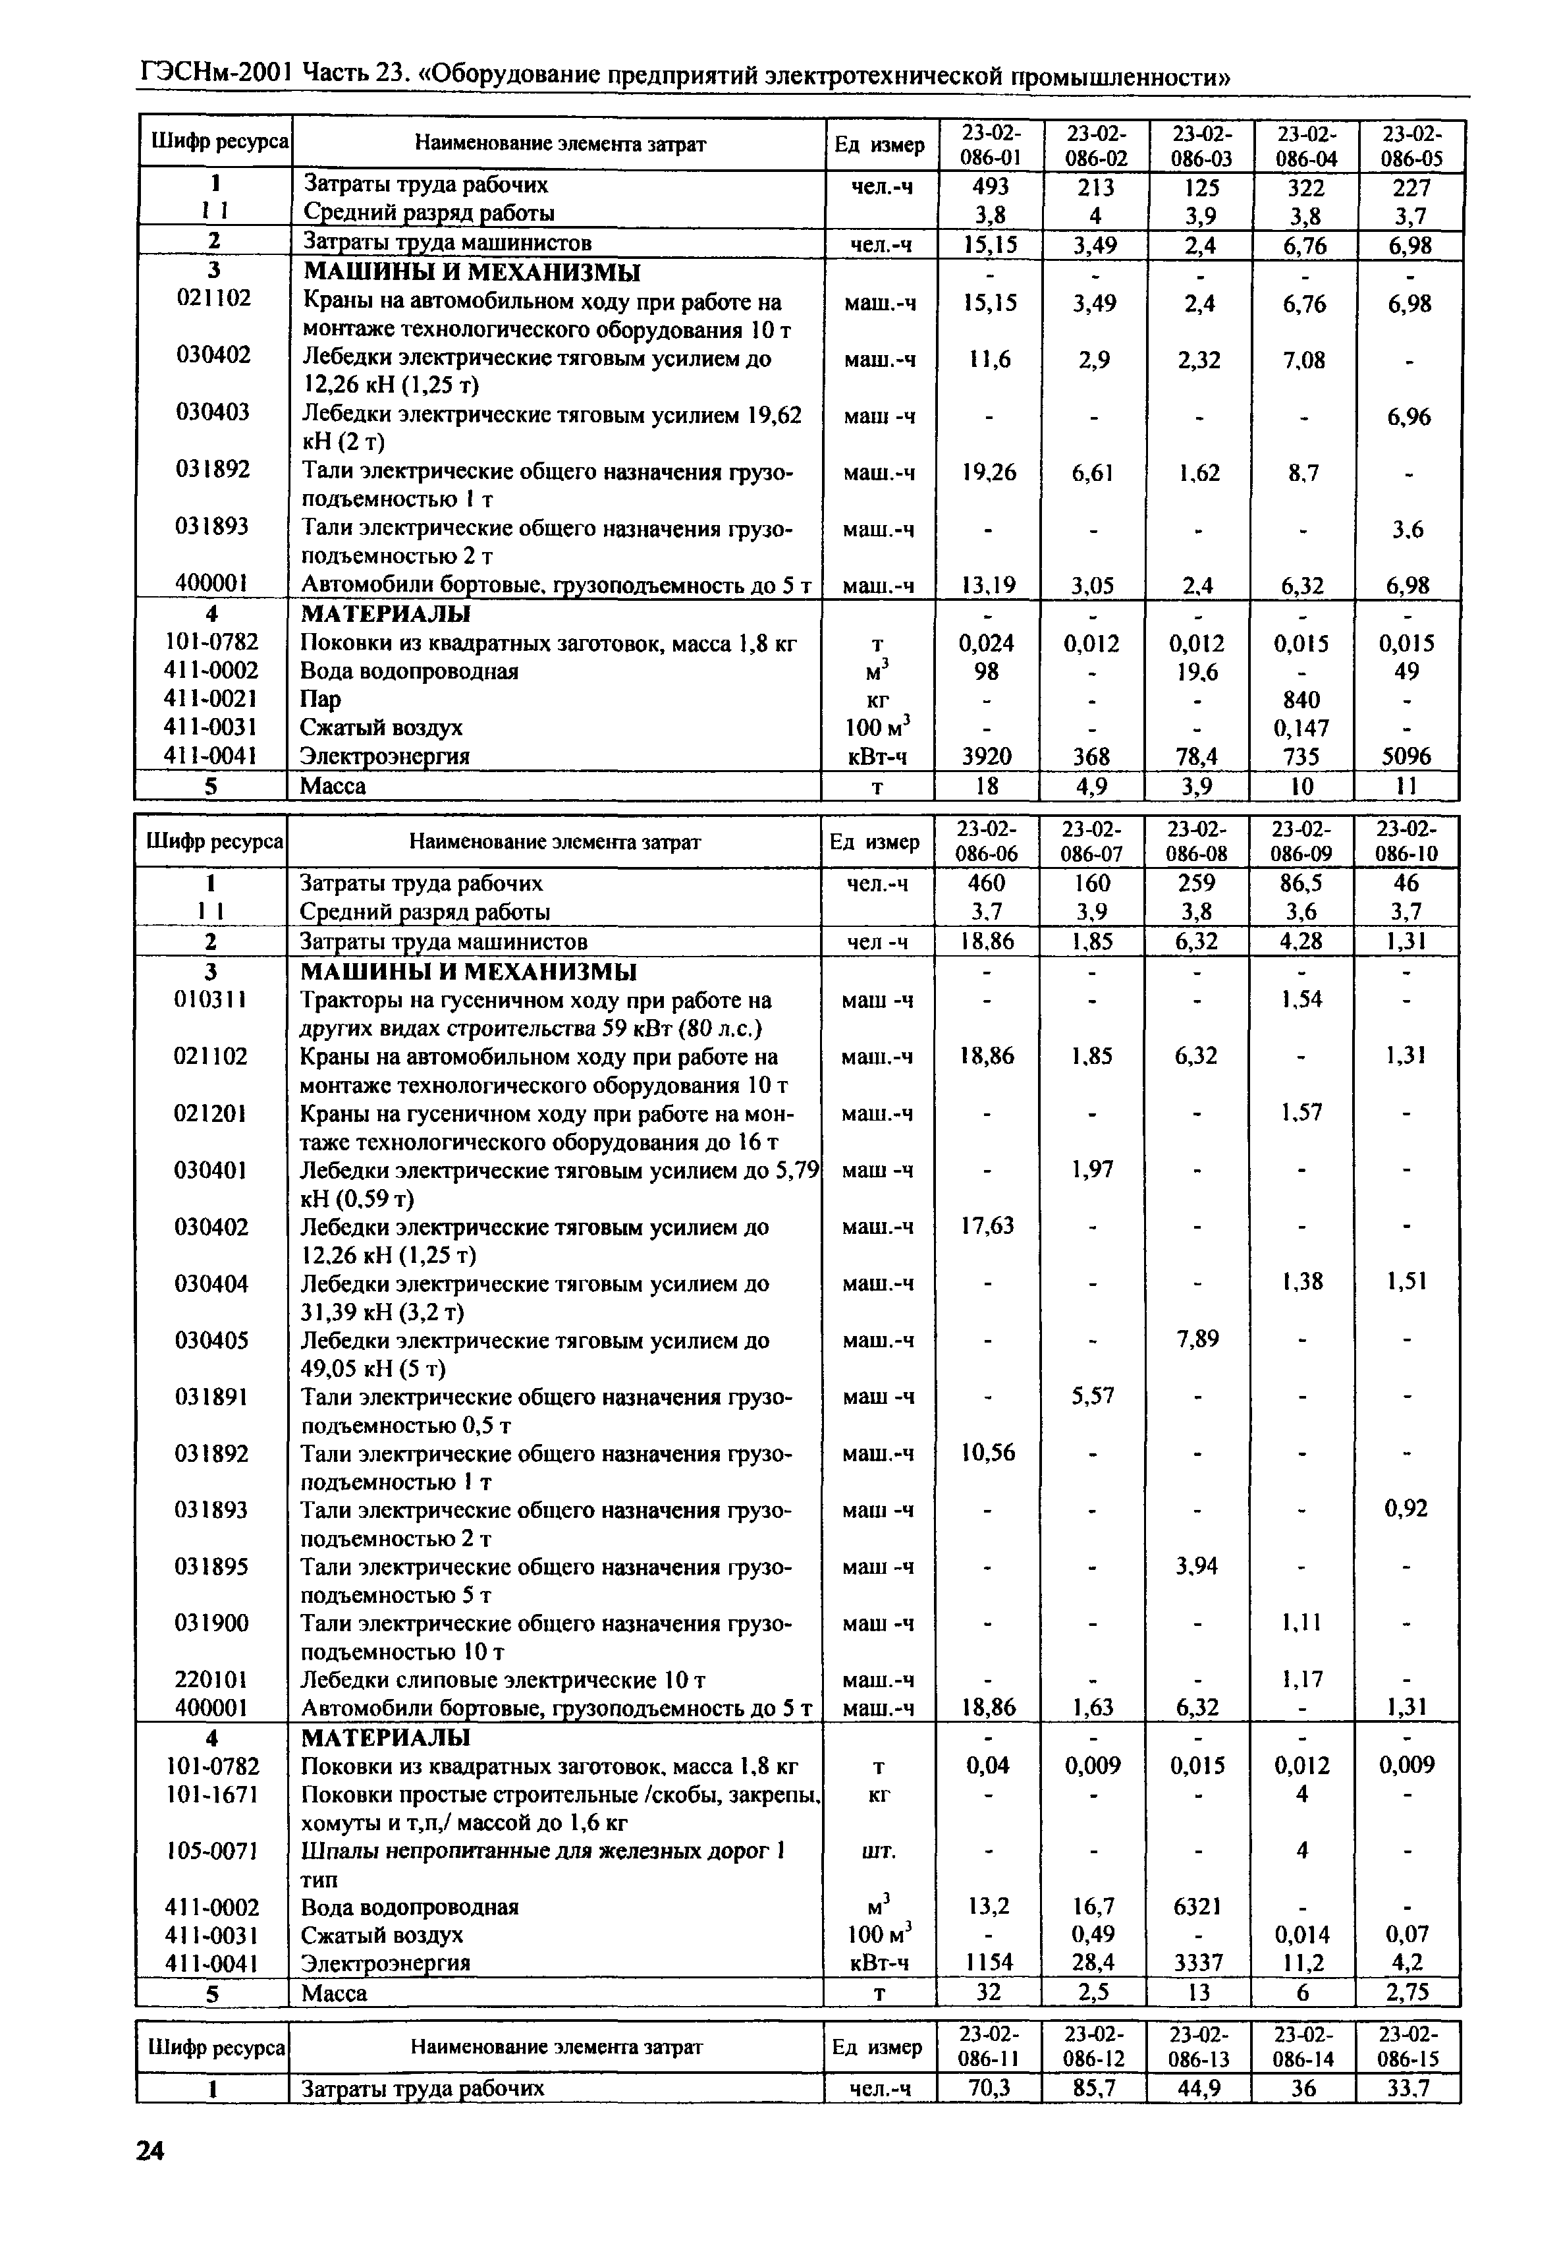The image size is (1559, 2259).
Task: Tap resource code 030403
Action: coord(213,412)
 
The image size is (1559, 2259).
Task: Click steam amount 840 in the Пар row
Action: coord(1302,700)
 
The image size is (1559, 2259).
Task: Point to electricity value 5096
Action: coord(1407,756)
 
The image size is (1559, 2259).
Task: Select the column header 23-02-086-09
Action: coord(1302,841)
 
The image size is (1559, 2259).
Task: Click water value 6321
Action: coord(1197,1907)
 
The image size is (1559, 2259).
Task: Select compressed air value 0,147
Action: coord(1302,728)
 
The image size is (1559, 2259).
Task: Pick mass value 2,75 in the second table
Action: coord(1407,1992)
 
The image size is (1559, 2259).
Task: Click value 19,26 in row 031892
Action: coord(989,473)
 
